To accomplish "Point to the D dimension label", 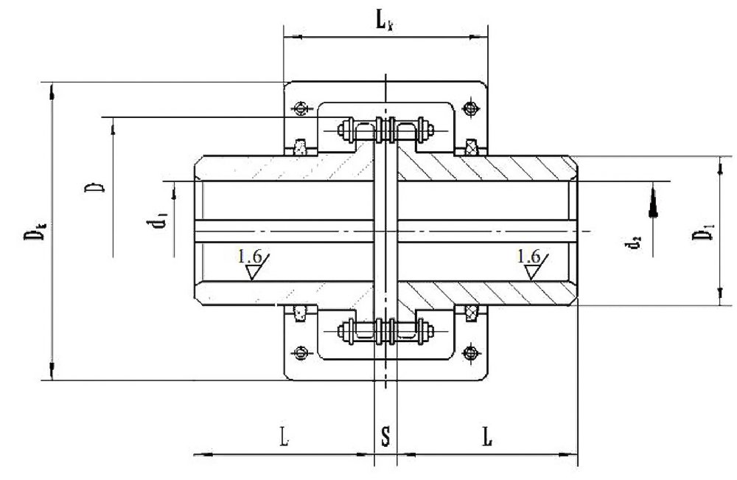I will (x=94, y=184).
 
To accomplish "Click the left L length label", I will (x=284, y=436).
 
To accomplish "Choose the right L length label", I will (x=488, y=436).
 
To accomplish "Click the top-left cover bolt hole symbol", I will (x=301, y=109).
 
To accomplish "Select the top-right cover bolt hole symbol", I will (x=470, y=109).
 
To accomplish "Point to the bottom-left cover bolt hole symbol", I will (x=301, y=352).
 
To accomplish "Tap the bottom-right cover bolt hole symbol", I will (x=470, y=353).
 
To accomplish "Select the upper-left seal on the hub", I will (x=301, y=147).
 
